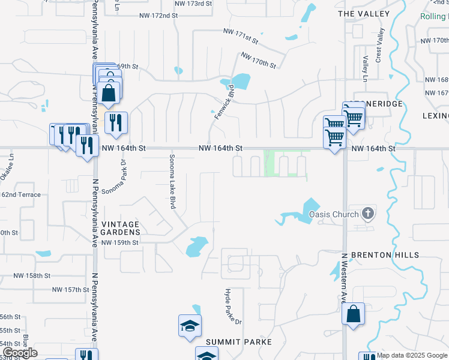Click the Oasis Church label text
pyautogui.click(x=334, y=214)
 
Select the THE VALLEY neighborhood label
pyautogui.click(x=364, y=13)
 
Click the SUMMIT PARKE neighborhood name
pyautogui.click(x=239, y=342)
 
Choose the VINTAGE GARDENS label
pyautogui.click(x=121, y=228)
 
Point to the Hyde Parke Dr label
pyautogui.click(x=232, y=307)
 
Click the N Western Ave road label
pyautogui.click(x=345, y=278)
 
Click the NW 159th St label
pyautogui.click(x=120, y=242)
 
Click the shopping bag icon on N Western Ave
pyautogui.click(x=353, y=313)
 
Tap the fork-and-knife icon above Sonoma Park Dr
pyautogui.click(x=116, y=122)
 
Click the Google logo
pyautogui.click(x=20, y=353)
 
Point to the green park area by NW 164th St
pyautogui.click(x=271, y=162)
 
